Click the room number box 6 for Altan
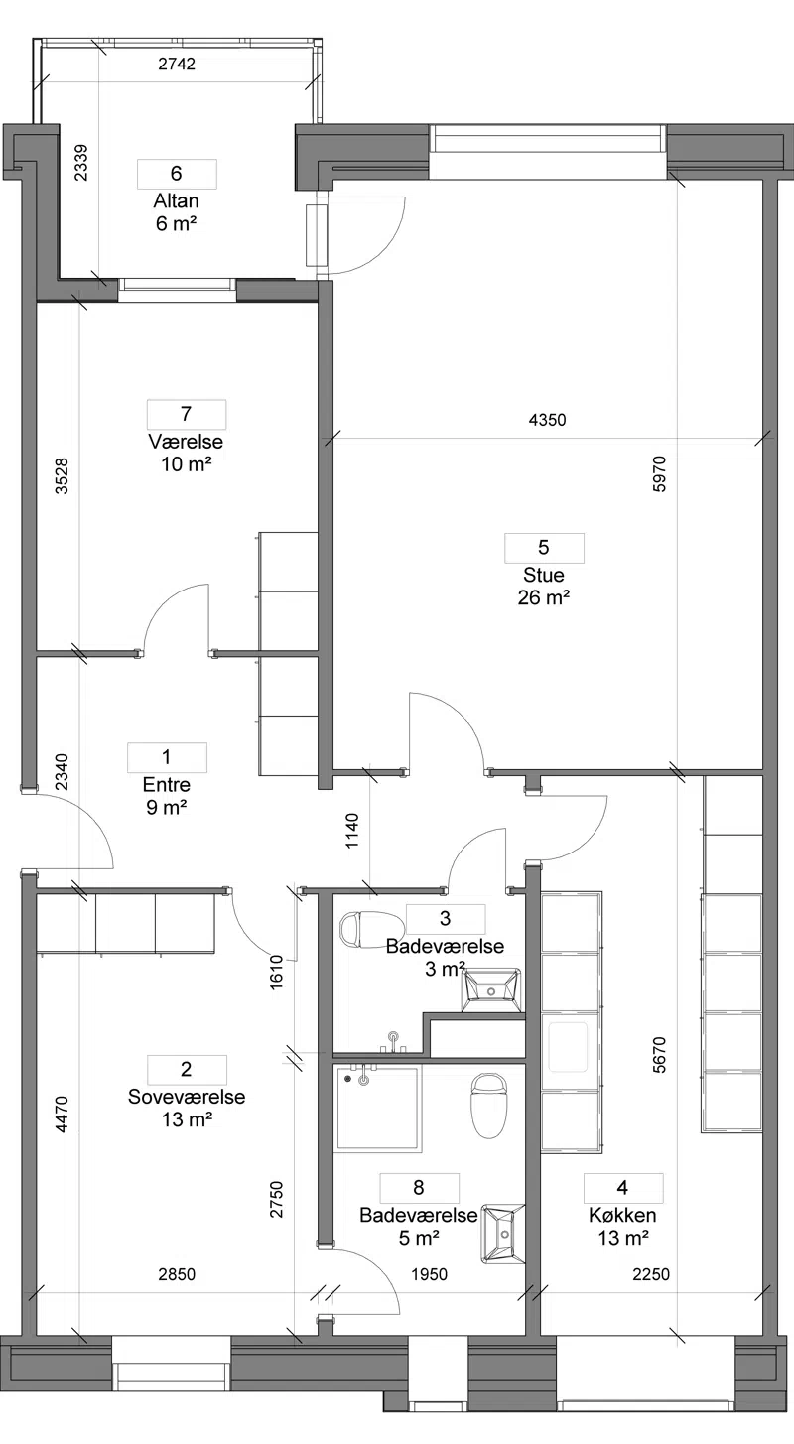177,174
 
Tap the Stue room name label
543,575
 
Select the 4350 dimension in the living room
547,420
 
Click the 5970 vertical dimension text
659,473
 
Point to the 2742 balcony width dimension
177,64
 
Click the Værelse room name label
186,442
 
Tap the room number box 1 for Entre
167,757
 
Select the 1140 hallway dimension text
352,831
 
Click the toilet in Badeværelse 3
371,929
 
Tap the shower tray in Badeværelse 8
378,1108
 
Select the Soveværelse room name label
187,1097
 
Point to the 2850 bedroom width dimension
177,1274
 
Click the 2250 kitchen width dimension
651,1274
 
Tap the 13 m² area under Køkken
622,1238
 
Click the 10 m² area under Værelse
187,464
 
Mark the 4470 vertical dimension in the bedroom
62,1115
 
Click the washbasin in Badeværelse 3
492,989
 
